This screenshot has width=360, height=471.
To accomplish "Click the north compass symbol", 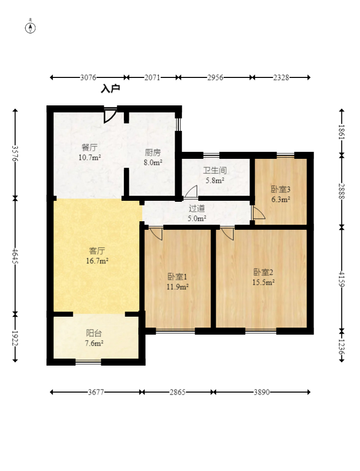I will coord(30,27).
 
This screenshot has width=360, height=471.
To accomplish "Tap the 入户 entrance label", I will coord(110,89).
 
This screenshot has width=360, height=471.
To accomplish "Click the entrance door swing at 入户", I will coord(110,115).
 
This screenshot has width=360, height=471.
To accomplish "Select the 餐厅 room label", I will coord(89,152).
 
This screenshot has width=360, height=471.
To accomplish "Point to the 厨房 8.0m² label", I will coord(153,157).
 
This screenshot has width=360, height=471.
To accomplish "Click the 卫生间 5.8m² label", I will coord(215,175).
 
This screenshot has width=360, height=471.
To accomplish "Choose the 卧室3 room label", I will coord(281,194).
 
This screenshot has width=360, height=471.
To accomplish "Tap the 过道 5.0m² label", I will coord(197,213).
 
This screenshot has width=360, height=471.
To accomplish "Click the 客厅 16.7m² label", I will coord(96,256).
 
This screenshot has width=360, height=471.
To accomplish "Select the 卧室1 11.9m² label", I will coord(177,281).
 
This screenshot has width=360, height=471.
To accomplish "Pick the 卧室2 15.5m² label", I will coord(263,277).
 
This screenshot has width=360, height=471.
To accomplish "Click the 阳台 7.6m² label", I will coord(94,338).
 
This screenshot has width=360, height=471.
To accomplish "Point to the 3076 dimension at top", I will coord(88,77).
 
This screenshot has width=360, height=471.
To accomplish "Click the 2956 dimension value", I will coord(215,77).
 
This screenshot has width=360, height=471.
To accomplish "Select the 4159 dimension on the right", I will coord(342,278).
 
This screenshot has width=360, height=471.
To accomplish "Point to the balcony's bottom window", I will coord(88,362).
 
